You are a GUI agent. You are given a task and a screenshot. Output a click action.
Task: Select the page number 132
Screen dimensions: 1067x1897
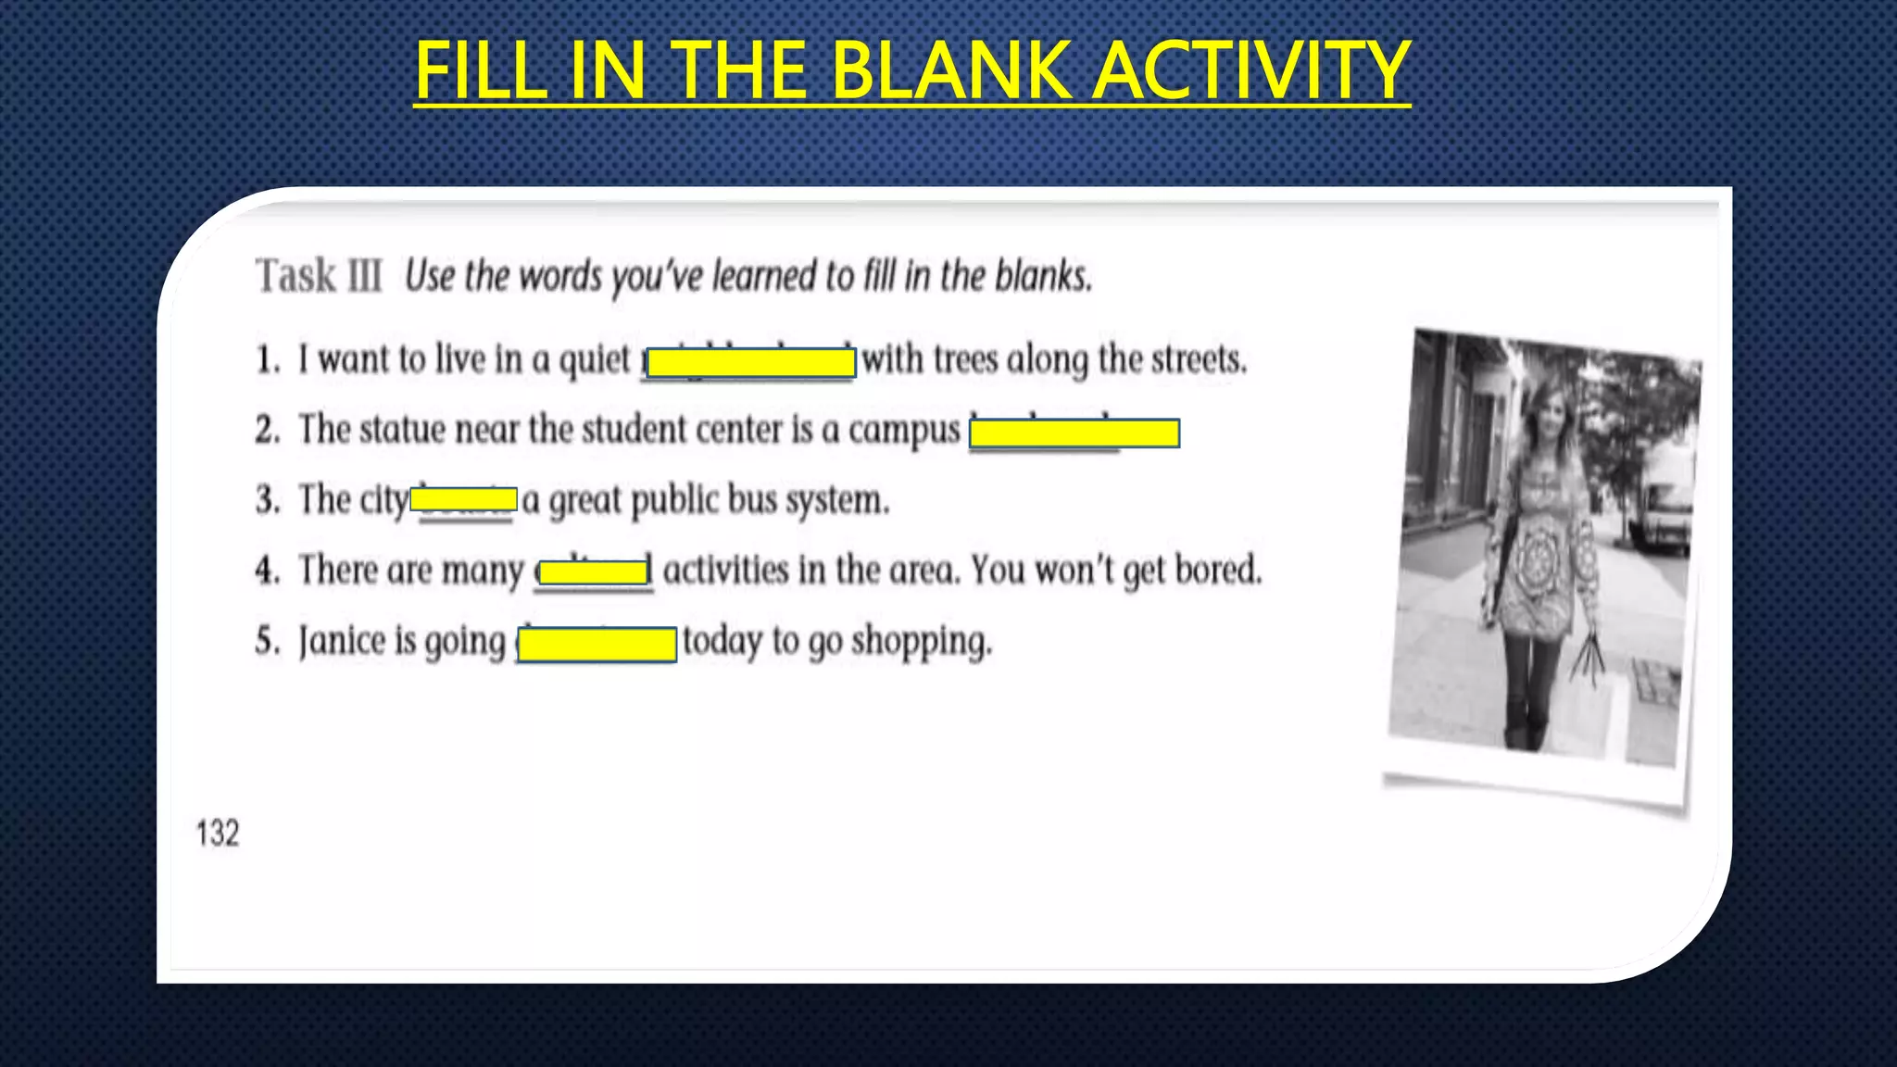click(218, 834)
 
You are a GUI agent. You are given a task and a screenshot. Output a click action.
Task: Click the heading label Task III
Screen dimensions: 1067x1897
click(319, 276)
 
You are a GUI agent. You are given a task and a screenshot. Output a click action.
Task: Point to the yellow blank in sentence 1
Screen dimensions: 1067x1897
click(750, 363)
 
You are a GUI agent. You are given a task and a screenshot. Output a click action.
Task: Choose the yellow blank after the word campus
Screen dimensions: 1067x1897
click(1074, 433)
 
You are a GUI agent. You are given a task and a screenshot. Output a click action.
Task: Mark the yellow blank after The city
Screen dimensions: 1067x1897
click(463, 500)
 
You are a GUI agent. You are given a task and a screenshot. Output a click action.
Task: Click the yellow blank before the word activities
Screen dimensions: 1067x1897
click(594, 572)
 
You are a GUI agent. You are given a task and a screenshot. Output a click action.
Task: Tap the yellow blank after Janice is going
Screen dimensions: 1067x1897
click(597, 644)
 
